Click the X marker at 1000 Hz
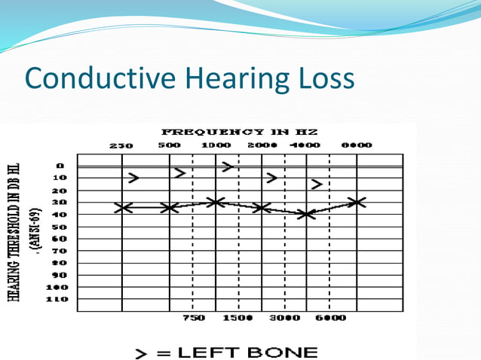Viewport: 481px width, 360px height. [216, 202]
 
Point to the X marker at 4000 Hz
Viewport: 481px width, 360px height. [305, 215]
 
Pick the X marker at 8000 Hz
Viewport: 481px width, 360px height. [357, 202]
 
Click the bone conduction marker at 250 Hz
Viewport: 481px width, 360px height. [133, 178]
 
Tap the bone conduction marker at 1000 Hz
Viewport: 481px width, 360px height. [227, 166]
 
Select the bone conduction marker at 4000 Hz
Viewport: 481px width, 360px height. [317, 184]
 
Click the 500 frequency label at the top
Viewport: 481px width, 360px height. [168, 145]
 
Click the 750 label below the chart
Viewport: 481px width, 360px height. [195, 319]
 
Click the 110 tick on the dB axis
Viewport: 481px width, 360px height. [60, 299]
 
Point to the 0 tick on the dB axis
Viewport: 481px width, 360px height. [60, 166]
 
